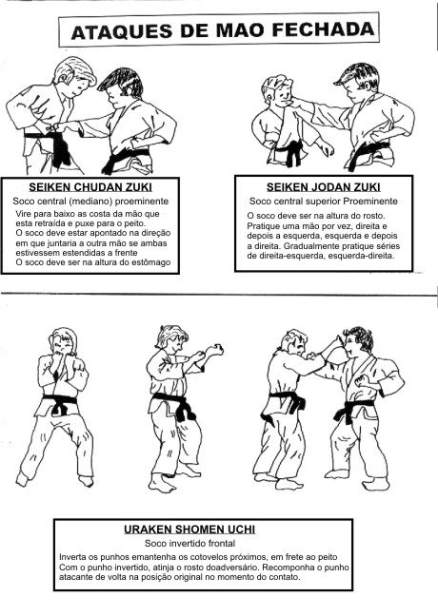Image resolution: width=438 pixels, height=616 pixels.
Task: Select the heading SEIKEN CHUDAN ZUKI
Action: click(90, 187)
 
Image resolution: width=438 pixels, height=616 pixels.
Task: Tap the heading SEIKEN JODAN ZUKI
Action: click(323, 187)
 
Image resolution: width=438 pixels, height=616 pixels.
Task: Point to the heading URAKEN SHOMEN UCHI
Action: click(189, 529)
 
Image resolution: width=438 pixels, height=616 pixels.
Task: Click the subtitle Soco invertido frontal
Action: click(189, 544)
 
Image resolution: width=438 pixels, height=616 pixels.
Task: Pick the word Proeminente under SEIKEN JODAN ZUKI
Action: click(370, 202)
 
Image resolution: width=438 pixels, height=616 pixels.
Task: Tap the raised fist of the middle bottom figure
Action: click(215, 349)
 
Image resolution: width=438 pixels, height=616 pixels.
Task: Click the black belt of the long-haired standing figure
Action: click(60, 403)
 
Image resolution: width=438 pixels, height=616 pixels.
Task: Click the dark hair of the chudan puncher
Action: click(116, 82)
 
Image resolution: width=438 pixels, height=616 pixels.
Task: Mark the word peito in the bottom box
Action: click(328, 557)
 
